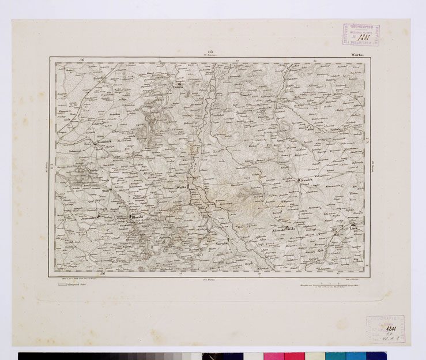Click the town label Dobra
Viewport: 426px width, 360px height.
click(178, 88)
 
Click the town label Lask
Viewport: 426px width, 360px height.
click(354, 229)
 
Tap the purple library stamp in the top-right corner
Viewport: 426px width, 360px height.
click(361, 35)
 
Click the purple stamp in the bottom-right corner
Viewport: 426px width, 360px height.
click(385, 329)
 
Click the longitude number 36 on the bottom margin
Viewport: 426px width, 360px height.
click(103, 273)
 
